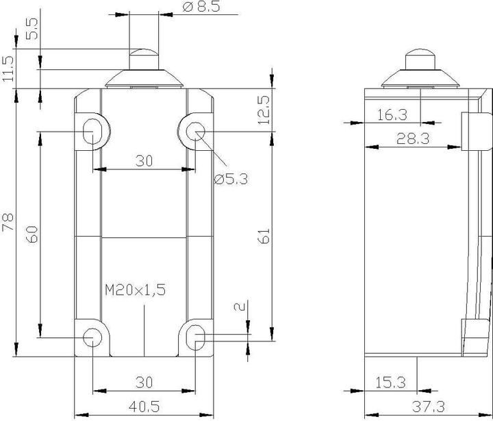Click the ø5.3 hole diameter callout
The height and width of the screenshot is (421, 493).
tap(230, 179)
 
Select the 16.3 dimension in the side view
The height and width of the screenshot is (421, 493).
tap(392, 115)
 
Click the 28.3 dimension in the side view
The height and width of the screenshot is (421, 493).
tap(412, 139)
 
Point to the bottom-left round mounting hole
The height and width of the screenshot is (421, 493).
tap(91, 337)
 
